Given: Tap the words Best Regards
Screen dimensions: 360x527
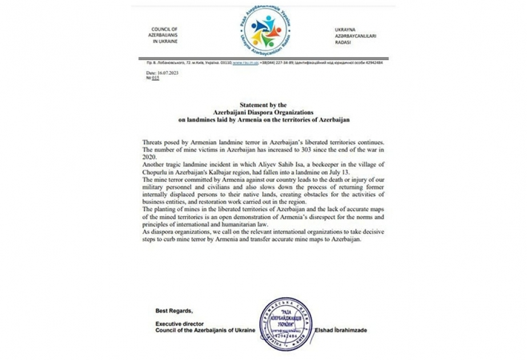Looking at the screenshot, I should click(x=174, y=311).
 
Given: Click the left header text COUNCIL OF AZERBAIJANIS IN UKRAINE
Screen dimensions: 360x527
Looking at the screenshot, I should click(x=164, y=35).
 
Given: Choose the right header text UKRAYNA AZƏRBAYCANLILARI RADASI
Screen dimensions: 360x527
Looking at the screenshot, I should click(x=352, y=35).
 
